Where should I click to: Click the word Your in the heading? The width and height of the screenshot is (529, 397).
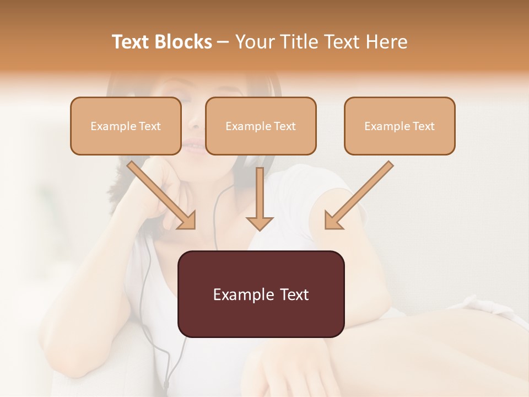point(253,42)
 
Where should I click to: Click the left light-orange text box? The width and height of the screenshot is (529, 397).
point(126,126)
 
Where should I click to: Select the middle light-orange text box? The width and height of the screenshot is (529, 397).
point(261,126)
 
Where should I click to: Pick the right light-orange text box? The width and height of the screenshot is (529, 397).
point(400,126)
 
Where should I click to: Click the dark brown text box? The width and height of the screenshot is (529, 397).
point(261,294)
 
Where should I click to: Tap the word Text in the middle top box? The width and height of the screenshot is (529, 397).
point(285,126)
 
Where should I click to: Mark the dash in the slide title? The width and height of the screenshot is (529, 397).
point(223,42)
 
